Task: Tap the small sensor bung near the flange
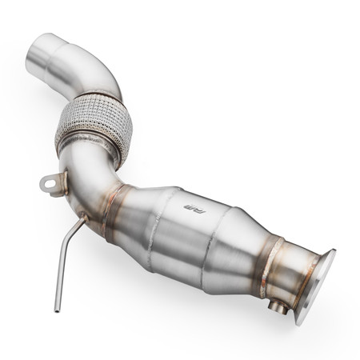pyautogui.click(x=278, y=305)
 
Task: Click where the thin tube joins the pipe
pyautogui.click(x=83, y=212)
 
